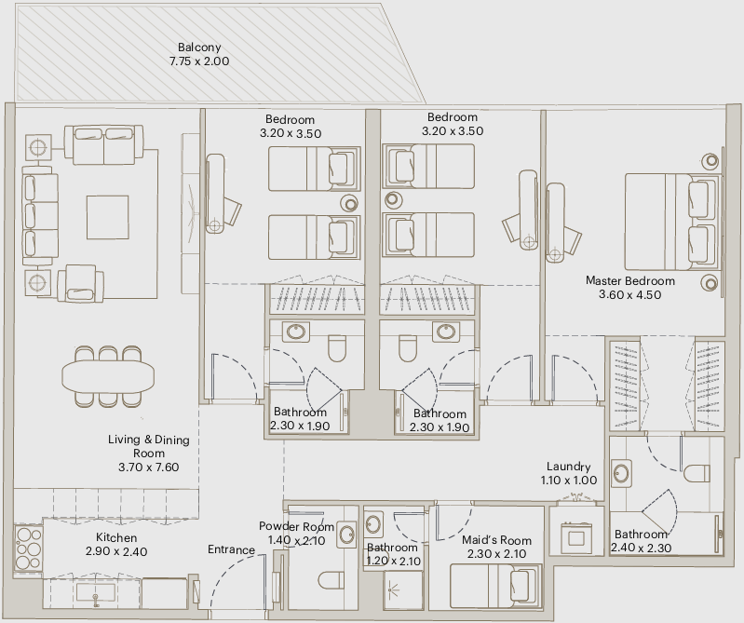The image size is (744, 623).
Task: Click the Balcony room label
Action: tap(199, 47)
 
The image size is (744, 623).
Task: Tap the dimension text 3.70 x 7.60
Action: tap(148, 467)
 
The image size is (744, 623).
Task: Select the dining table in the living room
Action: tap(108, 376)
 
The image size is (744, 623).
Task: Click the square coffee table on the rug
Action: tap(108, 217)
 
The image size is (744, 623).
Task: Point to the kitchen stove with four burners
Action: tap(29, 548)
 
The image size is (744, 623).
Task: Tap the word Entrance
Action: tap(232, 549)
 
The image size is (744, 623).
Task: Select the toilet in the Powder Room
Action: tap(331, 580)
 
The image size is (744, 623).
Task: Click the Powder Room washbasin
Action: tap(347, 535)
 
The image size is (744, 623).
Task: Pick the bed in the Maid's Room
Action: tap(495, 586)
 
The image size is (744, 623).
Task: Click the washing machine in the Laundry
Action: tap(576, 537)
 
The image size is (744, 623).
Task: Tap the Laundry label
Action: tap(568, 467)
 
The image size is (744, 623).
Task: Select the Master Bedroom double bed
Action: tap(672, 222)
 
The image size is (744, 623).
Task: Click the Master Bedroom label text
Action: tap(630, 281)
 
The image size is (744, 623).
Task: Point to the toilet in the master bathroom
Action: tap(697, 473)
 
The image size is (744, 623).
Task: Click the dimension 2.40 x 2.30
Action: tap(641, 548)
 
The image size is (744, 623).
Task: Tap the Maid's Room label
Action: tap(497, 540)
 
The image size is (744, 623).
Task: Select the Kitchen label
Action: tap(116, 537)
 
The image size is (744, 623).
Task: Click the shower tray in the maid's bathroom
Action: tap(403, 589)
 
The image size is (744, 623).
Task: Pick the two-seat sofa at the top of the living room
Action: tap(104, 144)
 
